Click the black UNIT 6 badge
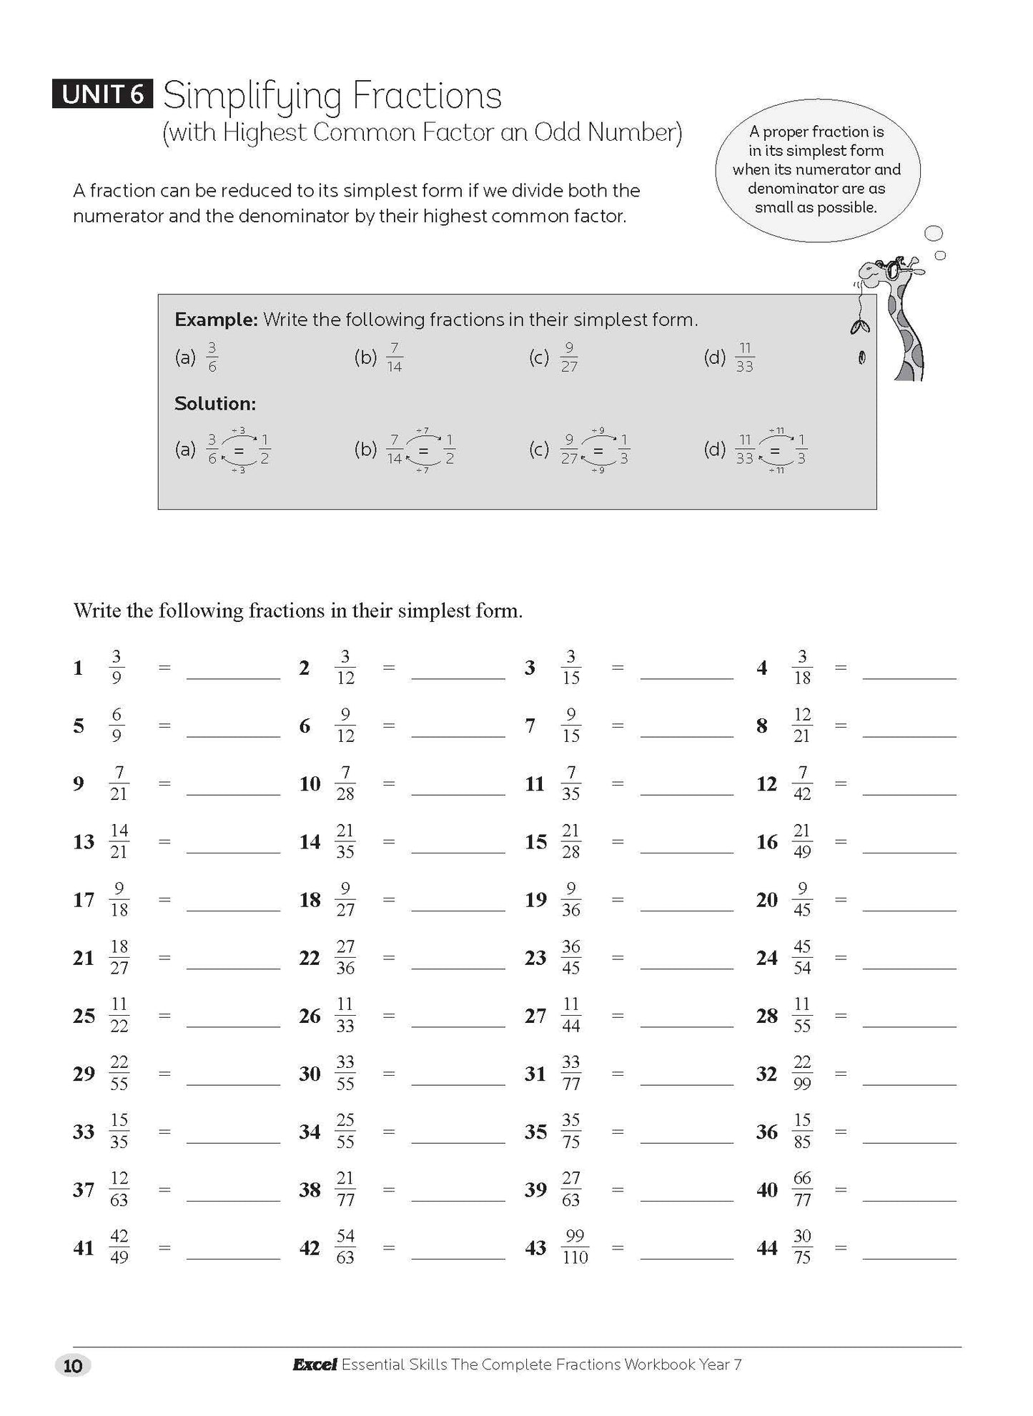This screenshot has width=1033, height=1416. point(102,94)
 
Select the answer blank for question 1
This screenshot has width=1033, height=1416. point(233,670)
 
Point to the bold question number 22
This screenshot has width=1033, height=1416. point(310,958)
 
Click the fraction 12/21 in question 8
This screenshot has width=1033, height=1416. point(801,726)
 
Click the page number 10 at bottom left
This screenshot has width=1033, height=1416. point(73,1366)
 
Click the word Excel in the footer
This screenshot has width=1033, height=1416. point(314,1365)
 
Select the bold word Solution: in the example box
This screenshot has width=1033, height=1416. point(215,404)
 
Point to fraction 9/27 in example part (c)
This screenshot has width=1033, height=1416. point(569,357)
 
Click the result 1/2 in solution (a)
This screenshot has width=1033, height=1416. point(264,450)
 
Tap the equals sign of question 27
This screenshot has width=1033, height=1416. point(618,1015)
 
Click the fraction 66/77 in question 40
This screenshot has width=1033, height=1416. point(802,1189)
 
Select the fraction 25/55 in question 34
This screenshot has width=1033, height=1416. point(345,1131)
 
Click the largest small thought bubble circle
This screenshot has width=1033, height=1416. point(934,233)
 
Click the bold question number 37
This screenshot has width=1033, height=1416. point(84,1189)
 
